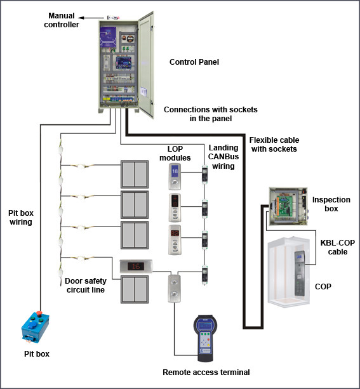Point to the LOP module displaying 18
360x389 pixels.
click(x=176, y=176)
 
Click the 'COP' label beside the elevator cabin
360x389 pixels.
click(x=323, y=286)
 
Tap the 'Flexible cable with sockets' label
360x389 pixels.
click(x=274, y=144)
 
